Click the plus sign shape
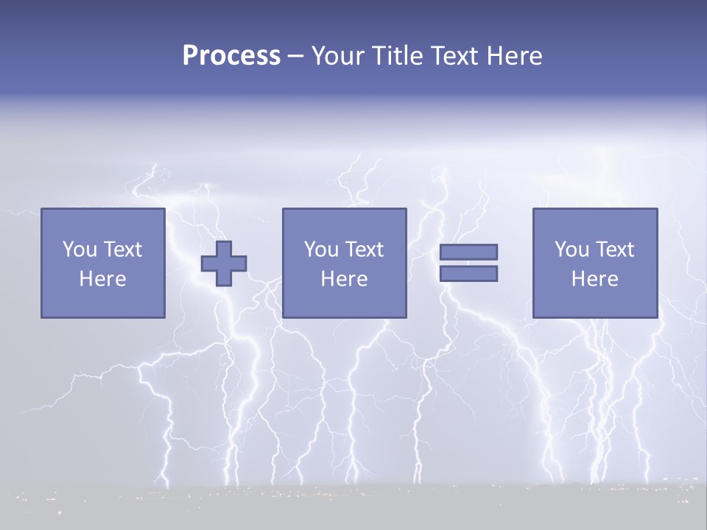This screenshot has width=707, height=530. tap(224, 264)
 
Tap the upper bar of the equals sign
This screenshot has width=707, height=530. tap(468, 252)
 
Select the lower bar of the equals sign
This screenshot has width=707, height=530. tap(468, 274)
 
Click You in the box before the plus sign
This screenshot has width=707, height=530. tap(77, 250)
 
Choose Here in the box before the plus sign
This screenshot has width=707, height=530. tap(103, 279)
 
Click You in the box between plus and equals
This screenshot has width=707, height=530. tap(320, 250)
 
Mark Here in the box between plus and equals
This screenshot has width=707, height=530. tap(345, 279)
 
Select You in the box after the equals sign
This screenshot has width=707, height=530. tap(570, 250)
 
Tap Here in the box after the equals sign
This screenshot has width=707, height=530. tap(595, 279)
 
